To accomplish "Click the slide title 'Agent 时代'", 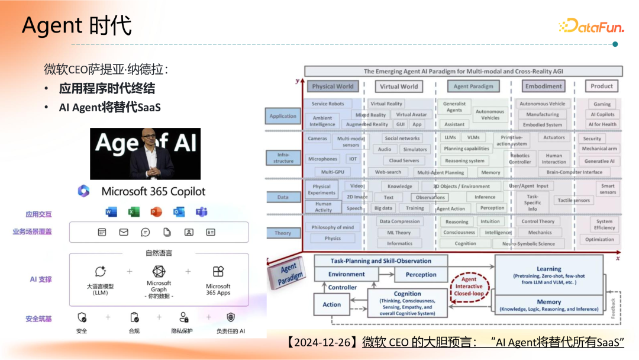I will [x=76, y=26].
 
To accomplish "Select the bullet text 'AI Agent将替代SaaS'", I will [x=109, y=108].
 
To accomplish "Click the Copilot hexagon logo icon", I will [x=83, y=191].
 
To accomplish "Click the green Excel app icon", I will [x=134, y=212].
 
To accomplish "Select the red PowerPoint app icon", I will [x=156, y=212].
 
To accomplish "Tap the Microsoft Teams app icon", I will [x=202, y=212].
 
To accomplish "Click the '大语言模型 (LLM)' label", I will [x=100, y=289].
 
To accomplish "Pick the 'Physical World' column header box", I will [x=333, y=86].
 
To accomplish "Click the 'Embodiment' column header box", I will [x=543, y=86].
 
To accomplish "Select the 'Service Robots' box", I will [x=328, y=104].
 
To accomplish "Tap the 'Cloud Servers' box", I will [x=404, y=160].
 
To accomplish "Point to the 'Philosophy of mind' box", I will [x=333, y=227].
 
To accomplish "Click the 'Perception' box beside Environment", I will [x=421, y=275].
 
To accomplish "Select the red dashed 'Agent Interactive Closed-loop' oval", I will [x=469, y=286].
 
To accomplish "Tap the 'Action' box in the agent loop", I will [x=332, y=304].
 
